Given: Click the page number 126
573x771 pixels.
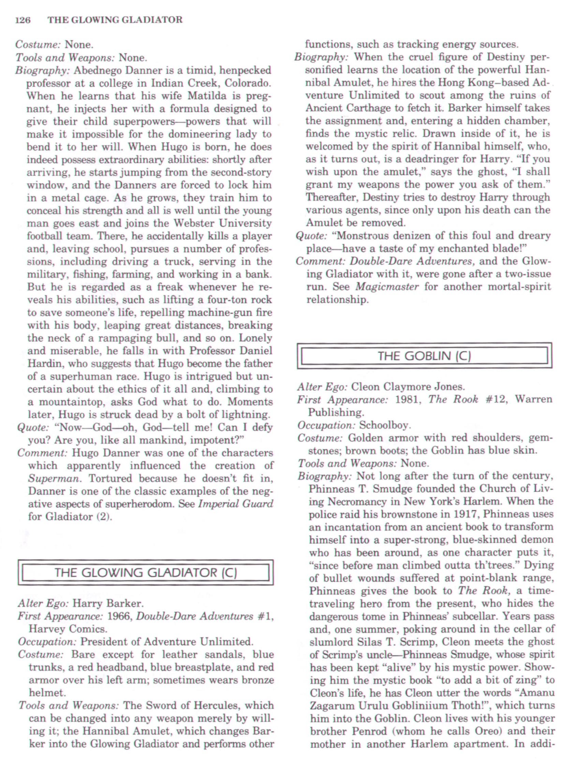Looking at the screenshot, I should tap(23, 20).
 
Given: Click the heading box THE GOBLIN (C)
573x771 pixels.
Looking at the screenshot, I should tap(424, 356).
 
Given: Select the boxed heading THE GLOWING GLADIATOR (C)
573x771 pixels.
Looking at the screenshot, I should tap(145, 572).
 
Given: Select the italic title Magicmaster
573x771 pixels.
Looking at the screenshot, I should tap(387, 287).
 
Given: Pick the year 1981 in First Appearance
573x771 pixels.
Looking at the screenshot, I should tap(408, 399).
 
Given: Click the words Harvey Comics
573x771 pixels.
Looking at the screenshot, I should tap(67, 629).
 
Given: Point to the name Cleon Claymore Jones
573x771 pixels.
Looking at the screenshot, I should tap(408, 387).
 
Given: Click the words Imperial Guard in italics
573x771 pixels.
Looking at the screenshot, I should tap(236, 504).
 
